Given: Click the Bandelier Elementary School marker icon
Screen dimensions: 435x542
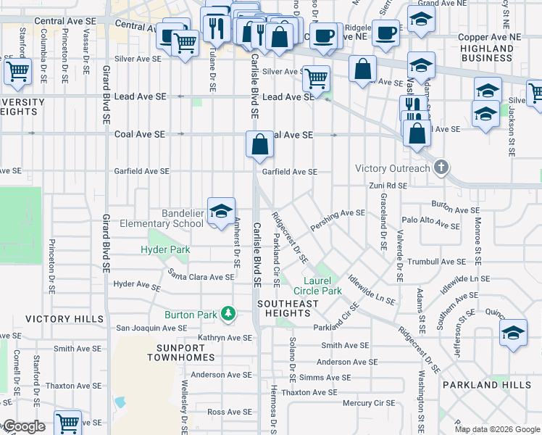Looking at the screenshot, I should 222,211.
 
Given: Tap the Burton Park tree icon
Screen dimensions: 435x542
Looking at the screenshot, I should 229,313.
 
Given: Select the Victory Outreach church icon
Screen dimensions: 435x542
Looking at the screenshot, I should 441,168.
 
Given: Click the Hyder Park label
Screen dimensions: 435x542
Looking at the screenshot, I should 165,250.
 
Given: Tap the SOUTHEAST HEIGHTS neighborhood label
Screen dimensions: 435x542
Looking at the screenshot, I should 288,308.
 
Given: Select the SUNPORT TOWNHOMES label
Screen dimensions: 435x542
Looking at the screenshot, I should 180,352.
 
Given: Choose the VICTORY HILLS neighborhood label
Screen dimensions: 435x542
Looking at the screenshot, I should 64,319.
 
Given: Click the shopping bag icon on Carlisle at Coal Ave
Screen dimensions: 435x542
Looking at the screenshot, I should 260,144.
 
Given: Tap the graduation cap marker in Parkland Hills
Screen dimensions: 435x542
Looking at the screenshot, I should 513,333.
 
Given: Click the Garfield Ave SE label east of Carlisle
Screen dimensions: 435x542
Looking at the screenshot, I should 290,172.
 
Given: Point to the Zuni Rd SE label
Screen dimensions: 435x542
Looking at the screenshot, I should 387,186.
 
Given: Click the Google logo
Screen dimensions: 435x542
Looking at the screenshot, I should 23,426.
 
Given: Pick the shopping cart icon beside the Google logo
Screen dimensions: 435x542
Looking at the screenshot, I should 67,423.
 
